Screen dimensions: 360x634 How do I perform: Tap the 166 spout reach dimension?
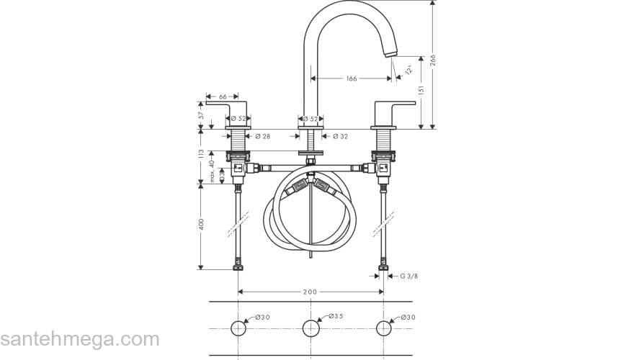click(x=352, y=78)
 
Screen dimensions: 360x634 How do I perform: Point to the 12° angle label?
click(x=408, y=70)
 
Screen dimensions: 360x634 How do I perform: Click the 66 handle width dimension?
click(x=223, y=96)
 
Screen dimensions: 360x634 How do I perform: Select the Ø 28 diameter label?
click(x=262, y=135)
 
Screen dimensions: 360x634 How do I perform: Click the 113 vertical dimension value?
click(x=202, y=156)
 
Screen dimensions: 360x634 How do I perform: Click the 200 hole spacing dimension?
click(x=311, y=292)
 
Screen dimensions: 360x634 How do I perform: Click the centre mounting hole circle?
click(x=311, y=329)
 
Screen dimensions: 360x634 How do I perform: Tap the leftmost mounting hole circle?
click(x=238, y=329)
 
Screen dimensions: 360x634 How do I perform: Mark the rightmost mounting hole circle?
click(x=383, y=329)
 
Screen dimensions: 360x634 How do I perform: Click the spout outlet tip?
click(x=391, y=53)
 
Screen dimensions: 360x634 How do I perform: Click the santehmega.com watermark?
click(x=79, y=339)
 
